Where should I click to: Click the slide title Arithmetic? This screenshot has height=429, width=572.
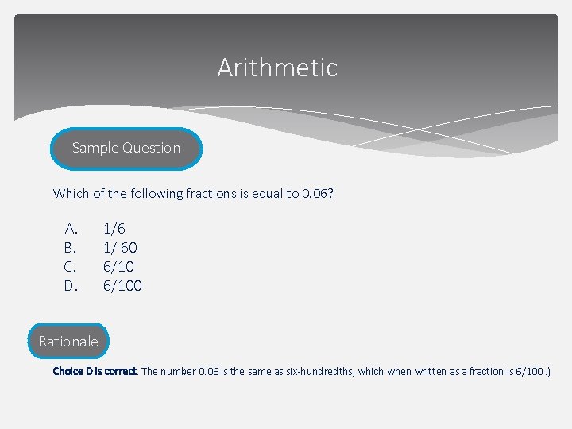[277, 68]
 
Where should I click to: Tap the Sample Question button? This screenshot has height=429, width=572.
[126, 148]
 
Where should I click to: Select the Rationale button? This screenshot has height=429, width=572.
[68, 342]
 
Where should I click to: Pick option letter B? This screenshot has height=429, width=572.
[71, 247]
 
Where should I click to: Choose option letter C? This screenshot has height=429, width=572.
[71, 266]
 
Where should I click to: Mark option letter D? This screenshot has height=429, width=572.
[71, 285]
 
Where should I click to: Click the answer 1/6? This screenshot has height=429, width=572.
[114, 228]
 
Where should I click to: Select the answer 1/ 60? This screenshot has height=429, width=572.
[120, 247]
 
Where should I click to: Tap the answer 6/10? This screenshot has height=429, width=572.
[118, 266]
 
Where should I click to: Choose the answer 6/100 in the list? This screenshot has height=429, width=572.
[122, 285]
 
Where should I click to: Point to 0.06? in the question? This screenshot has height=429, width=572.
[318, 193]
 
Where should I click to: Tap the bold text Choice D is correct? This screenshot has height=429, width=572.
[95, 371]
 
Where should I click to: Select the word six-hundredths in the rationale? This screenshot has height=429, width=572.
[315, 371]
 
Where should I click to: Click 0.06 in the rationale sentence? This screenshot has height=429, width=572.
[210, 371]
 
